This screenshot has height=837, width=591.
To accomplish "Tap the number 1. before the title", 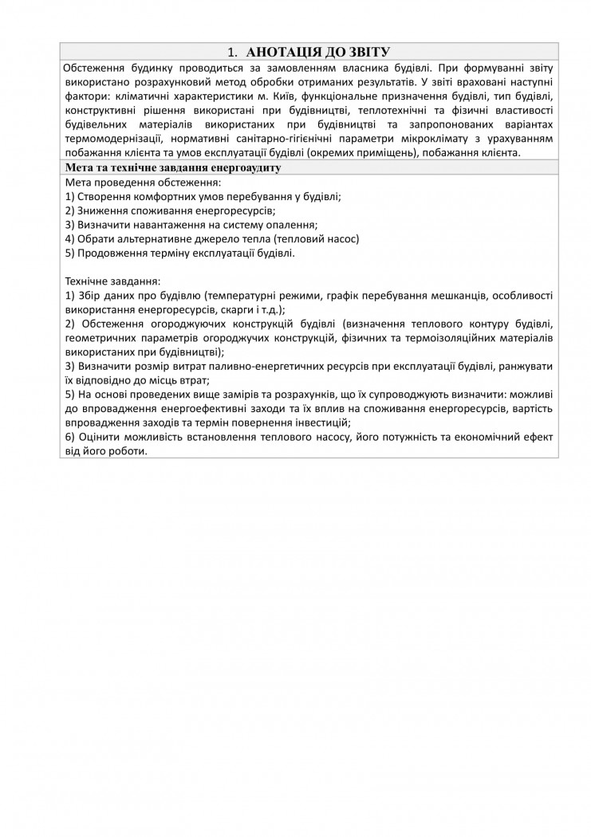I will point(231,52).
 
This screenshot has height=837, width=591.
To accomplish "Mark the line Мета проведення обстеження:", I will point(132,183).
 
